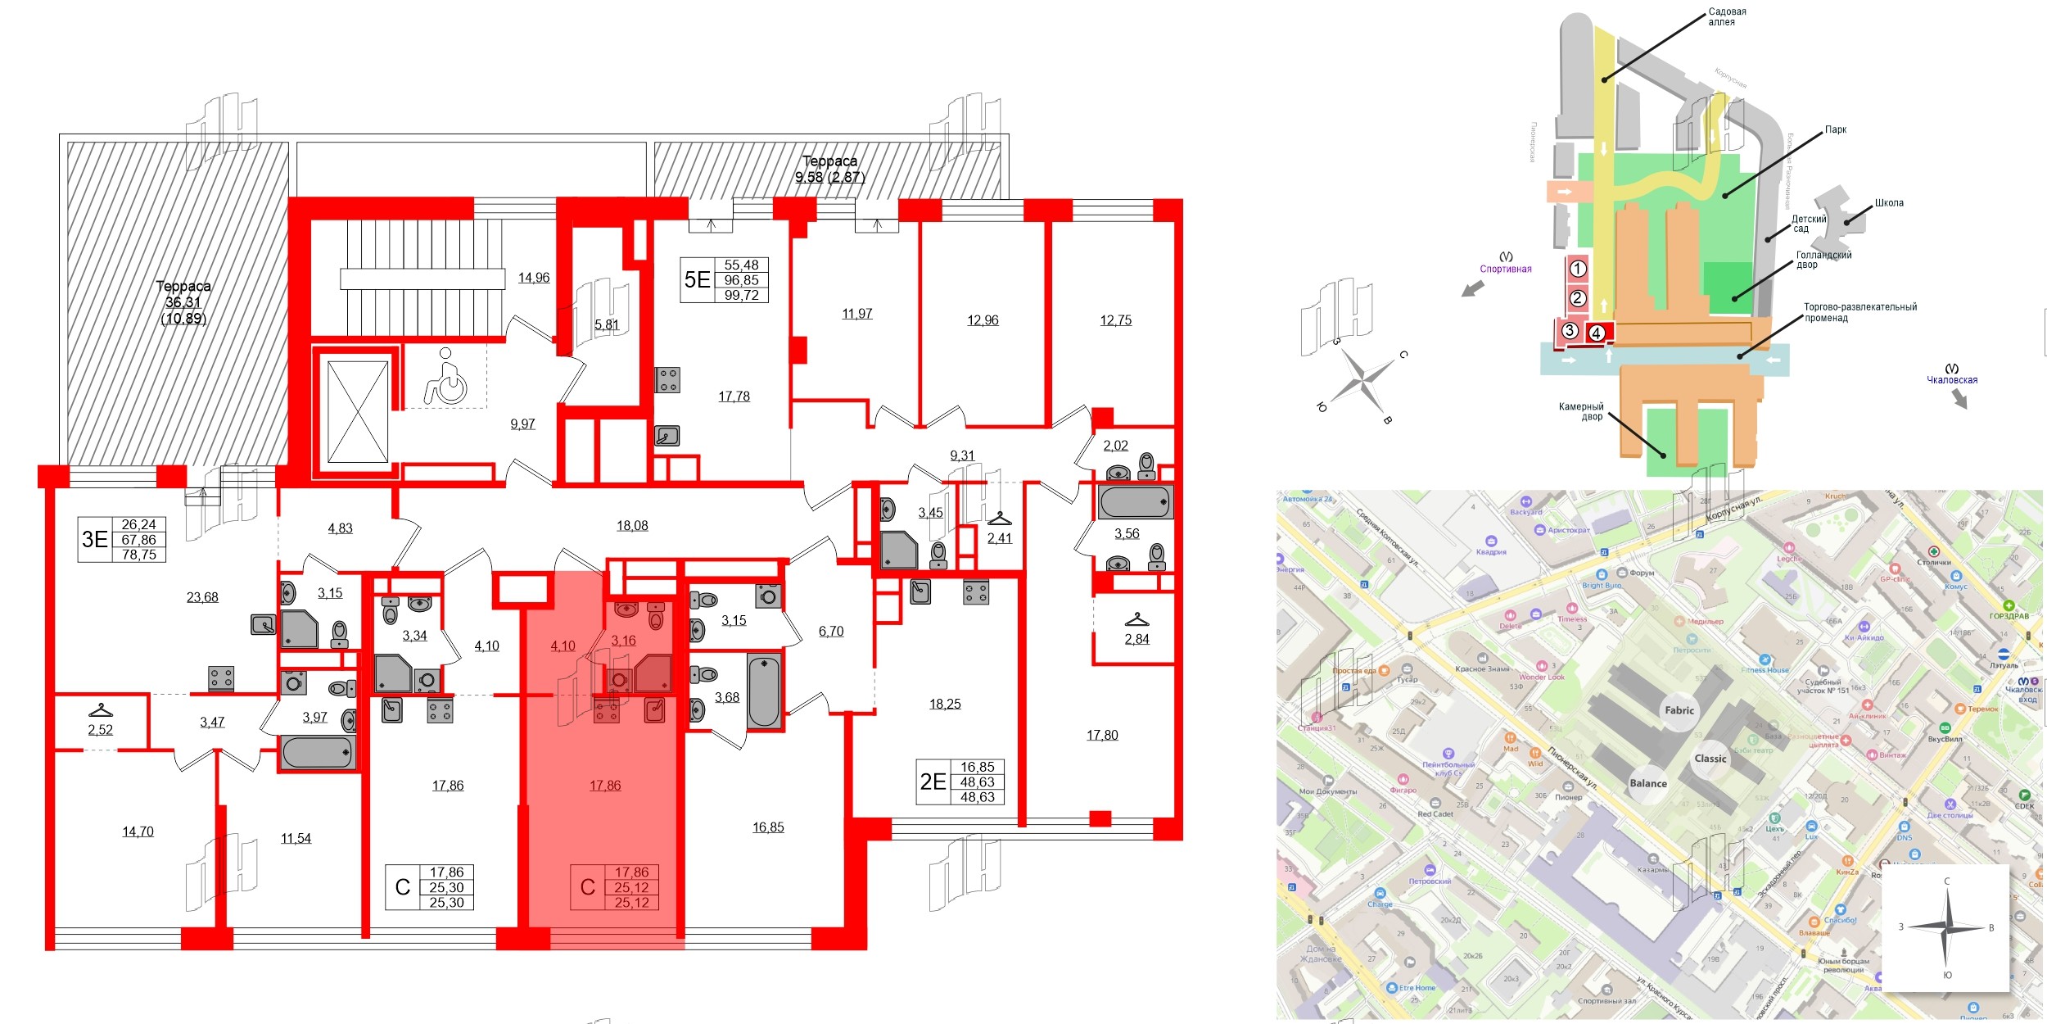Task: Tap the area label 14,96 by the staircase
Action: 534,278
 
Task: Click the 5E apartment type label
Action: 697,280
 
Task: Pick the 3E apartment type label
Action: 95,539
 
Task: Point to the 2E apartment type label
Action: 933,782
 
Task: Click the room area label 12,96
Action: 983,320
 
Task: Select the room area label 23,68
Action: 202,597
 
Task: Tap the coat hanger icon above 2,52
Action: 100,710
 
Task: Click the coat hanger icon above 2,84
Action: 1136,619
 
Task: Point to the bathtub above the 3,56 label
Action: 1135,501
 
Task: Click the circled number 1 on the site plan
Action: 1578,269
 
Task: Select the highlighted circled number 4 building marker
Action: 1596,333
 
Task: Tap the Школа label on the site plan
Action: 1889,202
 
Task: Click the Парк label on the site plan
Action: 1835,129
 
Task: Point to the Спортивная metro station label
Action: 1505,269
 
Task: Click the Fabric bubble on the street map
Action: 1679,710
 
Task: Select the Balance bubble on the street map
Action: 1647,783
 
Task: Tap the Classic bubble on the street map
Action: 1710,759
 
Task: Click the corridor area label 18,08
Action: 632,526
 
